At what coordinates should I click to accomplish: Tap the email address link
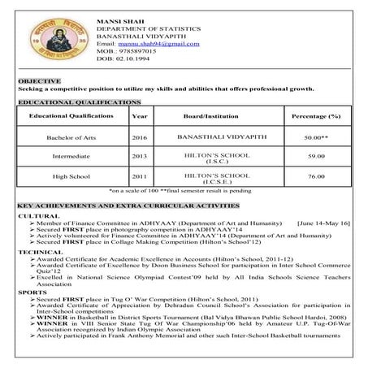pos(158,43)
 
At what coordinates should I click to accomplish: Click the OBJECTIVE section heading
pos(39,81)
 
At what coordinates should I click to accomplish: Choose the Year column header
pos(140,117)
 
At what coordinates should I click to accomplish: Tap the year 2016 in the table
pos(140,138)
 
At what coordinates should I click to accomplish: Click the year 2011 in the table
pos(140,176)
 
